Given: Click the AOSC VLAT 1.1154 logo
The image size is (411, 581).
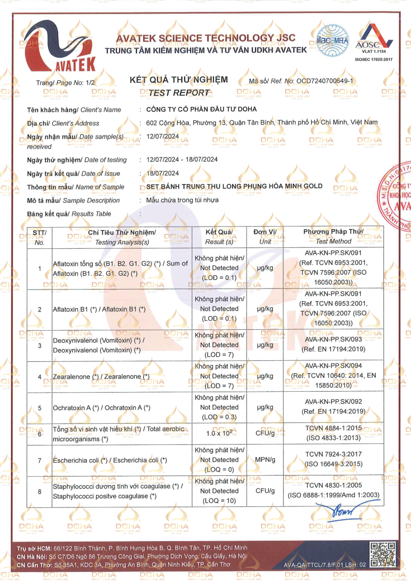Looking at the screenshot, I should (373, 41).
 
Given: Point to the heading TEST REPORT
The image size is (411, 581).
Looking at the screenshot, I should (179, 92).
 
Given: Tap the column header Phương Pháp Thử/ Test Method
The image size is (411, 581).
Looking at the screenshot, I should (333, 237).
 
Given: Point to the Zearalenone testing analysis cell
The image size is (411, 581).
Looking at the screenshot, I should (101, 376).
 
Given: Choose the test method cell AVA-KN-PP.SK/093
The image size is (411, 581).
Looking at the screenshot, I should (333, 340).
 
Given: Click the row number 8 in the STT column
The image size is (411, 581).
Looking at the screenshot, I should (39, 491).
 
